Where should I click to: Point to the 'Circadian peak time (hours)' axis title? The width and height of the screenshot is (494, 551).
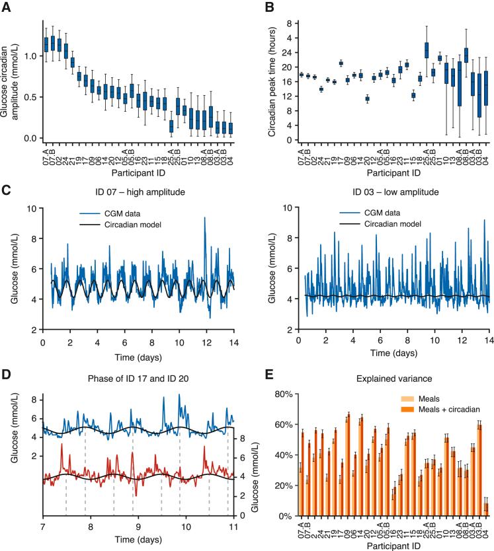pos(272,81)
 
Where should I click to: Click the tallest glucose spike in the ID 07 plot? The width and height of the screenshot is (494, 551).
pos(205,218)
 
